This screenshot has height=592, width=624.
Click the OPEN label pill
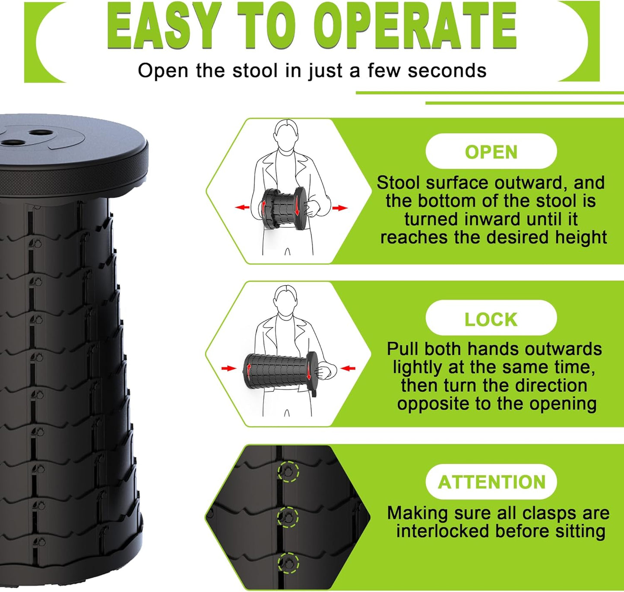(x=491, y=152)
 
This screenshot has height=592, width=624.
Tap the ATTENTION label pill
(x=491, y=482)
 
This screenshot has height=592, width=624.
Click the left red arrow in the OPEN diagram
(x=242, y=208)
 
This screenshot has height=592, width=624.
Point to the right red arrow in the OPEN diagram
(x=340, y=208)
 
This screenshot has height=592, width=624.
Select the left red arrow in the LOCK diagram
(x=228, y=368)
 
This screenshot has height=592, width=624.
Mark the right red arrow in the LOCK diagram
(x=348, y=368)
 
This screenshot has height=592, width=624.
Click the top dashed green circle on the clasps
(x=288, y=471)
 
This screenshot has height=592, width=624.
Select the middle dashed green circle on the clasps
(x=288, y=516)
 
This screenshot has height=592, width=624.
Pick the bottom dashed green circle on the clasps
(x=288, y=563)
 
